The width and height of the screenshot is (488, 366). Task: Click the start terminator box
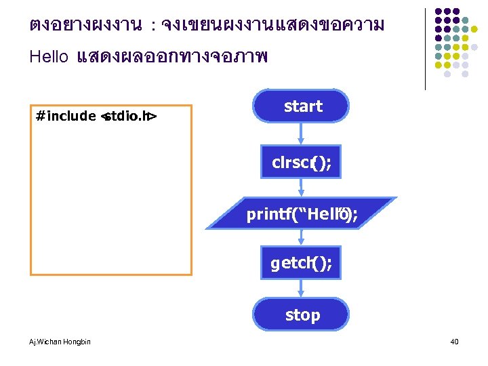coord(301,106)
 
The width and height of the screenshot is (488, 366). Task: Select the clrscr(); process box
coord(302,163)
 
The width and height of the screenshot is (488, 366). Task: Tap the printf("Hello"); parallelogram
coord(302,214)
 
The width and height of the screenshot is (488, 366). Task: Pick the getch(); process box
coord(302,263)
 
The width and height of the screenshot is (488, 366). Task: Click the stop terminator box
coord(302,314)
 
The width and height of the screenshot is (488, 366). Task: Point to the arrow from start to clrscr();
coord(302,133)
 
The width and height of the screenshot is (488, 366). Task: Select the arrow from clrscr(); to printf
coord(302,188)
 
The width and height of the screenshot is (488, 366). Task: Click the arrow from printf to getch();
coord(302,238)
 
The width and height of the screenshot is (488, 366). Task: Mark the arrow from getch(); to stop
coord(302,289)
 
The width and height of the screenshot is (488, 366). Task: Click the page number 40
coord(454,342)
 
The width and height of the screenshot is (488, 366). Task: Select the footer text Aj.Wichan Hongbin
coord(60,341)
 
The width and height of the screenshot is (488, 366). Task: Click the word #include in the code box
coord(66,116)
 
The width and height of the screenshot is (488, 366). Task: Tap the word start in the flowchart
coord(303,106)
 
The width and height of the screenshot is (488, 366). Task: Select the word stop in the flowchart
coord(302,314)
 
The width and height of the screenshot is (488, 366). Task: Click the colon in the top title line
coord(154,26)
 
